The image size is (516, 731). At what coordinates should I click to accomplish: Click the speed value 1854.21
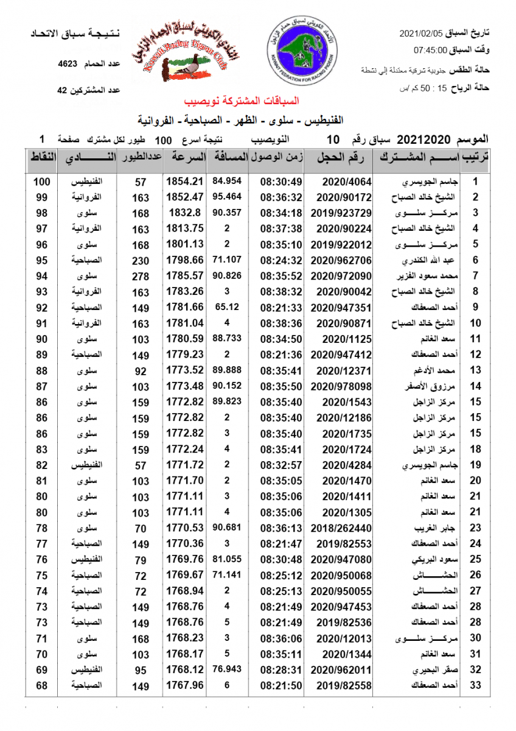(184, 182)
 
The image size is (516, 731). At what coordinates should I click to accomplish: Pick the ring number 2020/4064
(344, 182)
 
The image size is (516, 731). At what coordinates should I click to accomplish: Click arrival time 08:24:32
(281, 260)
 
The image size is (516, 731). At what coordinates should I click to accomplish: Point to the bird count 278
(141, 276)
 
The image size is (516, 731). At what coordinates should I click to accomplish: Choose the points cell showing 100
(42, 182)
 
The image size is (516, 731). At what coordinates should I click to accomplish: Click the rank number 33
(476, 685)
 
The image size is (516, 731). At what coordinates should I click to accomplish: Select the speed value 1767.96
(184, 685)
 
